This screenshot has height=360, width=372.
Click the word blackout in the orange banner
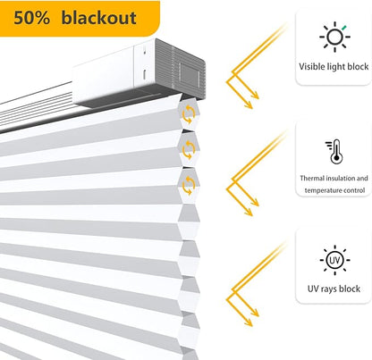[x=98, y=18]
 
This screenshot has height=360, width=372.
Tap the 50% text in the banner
[x=32, y=18]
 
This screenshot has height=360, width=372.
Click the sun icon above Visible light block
[x=334, y=37]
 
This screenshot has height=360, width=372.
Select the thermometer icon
[x=334, y=151]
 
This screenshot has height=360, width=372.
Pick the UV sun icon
[x=334, y=260]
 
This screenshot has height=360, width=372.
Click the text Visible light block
[x=334, y=66]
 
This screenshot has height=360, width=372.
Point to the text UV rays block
[x=334, y=289]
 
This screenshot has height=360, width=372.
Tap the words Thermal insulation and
[x=334, y=179]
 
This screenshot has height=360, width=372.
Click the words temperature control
[x=334, y=190]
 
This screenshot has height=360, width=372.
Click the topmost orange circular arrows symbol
[x=189, y=114]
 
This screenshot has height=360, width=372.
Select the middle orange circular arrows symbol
[x=189, y=149]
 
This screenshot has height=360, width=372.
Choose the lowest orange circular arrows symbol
[x=189, y=185]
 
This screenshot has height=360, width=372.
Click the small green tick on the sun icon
[x=344, y=28]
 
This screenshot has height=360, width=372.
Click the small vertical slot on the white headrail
[x=144, y=74]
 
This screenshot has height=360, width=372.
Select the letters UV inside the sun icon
[x=334, y=260]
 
